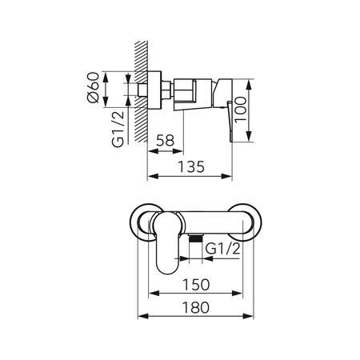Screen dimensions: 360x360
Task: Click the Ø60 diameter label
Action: [93, 87]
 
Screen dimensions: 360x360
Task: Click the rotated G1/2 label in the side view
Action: [118, 129]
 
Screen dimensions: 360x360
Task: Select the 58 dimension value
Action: [165, 141]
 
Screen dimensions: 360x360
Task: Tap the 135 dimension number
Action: [191, 167]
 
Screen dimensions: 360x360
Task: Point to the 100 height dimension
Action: [241, 110]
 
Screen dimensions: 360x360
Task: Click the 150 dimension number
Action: [196, 285]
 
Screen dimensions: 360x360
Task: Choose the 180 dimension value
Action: [196, 307]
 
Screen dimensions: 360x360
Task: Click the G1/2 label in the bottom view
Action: [223, 249]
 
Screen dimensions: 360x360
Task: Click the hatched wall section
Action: [141, 91]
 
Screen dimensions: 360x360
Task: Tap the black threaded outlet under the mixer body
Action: [195, 238]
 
